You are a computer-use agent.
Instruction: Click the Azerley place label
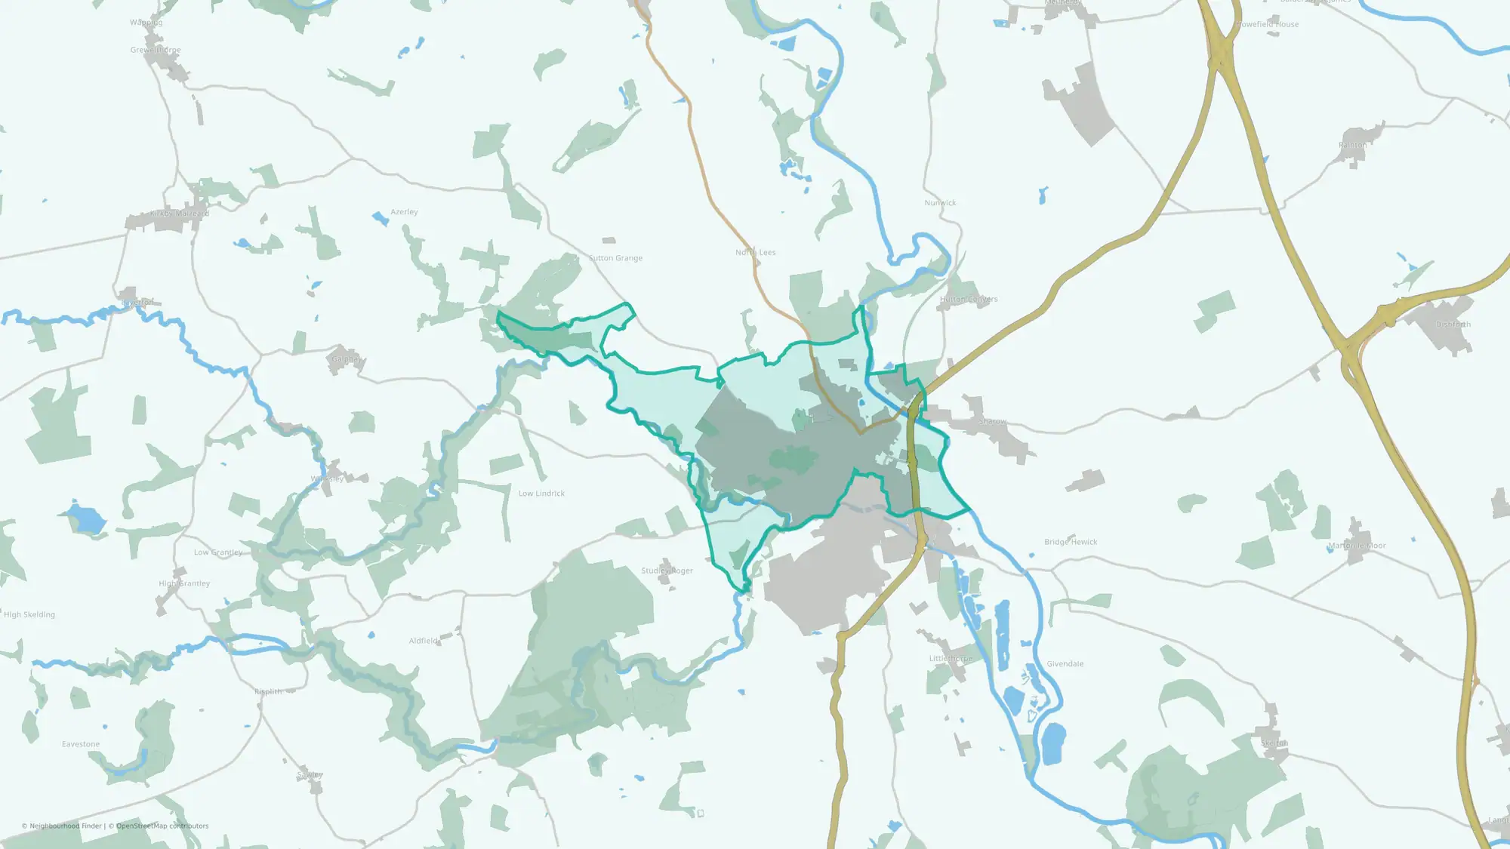click(404, 212)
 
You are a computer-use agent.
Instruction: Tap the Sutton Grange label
click(615, 258)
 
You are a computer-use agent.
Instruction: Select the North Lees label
click(755, 253)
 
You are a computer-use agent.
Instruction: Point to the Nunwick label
click(940, 203)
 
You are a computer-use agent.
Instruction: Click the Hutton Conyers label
click(969, 300)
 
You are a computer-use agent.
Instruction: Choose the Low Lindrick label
click(541, 494)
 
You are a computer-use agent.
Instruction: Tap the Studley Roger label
click(667, 571)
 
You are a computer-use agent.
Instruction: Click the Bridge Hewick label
click(1071, 542)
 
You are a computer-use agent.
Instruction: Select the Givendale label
click(1065, 664)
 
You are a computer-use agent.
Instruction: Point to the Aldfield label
click(423, 641)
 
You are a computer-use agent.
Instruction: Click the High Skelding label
click(29, 615)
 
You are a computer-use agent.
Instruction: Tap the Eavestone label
click(81, 744)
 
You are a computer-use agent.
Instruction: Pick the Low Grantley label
click(218, 552)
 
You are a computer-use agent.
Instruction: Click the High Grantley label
click(184, 583)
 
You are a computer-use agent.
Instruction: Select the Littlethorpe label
click(951, 659)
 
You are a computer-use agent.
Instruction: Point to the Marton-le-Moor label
click(1357, 546)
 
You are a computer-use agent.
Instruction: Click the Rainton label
click(1352, 145)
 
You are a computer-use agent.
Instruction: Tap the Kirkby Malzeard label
click(180, 214)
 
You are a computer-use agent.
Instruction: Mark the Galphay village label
click(347, 359)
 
